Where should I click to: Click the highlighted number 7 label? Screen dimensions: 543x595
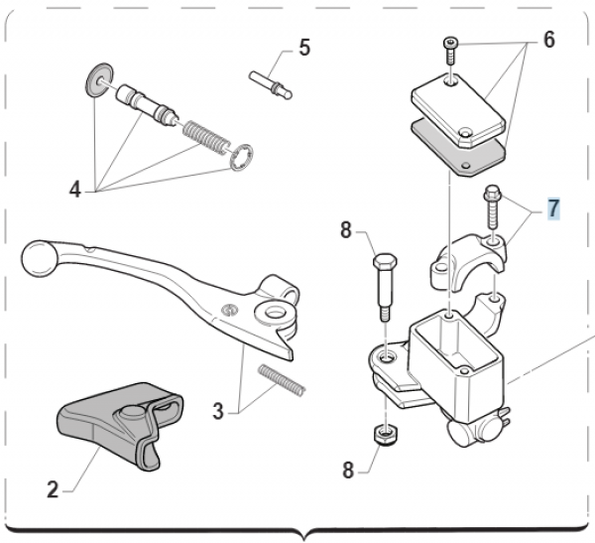(552, 208)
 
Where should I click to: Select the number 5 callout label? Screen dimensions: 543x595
(304, 47)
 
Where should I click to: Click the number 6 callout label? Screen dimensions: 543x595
(548, 41)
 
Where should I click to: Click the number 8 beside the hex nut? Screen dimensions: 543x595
(347, 470)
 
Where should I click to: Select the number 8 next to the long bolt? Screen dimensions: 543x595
(346, 231)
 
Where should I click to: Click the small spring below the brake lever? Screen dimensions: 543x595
(283, 379)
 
